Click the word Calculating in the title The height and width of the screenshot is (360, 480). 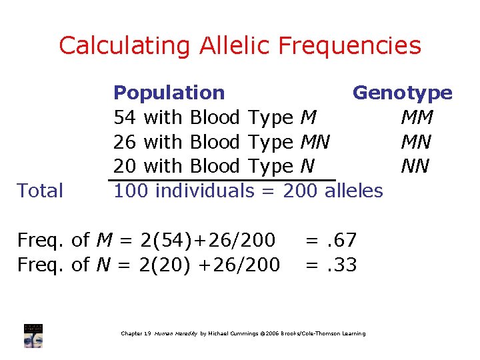coord(125,46)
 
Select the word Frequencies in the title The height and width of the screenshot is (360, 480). coord(350,46)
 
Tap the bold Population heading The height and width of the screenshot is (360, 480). coord(169,93)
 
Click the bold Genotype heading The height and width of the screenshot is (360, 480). coord(402,93)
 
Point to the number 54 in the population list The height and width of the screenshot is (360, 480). coord(125,117)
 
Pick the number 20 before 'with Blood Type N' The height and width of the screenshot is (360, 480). coord(125,166)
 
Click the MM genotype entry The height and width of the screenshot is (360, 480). coord(417,117)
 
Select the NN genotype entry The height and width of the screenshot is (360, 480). coord(417,166)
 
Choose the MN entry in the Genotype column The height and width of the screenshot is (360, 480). coord(417,142)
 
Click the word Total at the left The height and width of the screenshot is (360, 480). coord(40,191)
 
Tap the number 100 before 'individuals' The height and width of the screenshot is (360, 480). coord(131,191)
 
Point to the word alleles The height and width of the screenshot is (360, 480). coord(353,191)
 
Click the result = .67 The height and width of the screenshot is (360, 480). coord(331,240)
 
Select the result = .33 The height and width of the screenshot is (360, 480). coord(331,265)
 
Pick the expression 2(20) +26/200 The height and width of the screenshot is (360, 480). coord(209,265)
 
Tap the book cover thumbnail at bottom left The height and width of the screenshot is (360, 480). coord(33,335)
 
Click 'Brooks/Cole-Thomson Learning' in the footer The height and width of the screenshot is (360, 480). coord(323,333)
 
